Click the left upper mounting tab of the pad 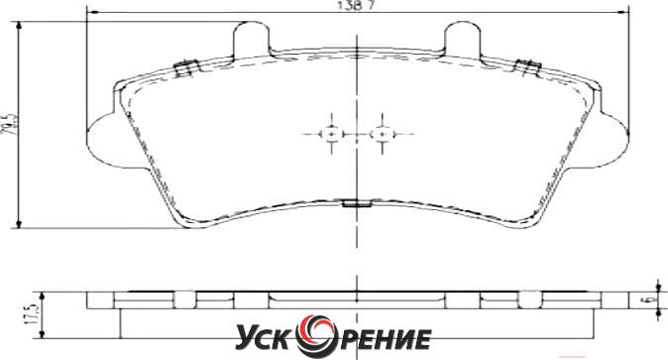click(252, 40)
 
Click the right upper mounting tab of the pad click(463, 40)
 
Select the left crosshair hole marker click(331, 134)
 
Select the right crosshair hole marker click(383, 134)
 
